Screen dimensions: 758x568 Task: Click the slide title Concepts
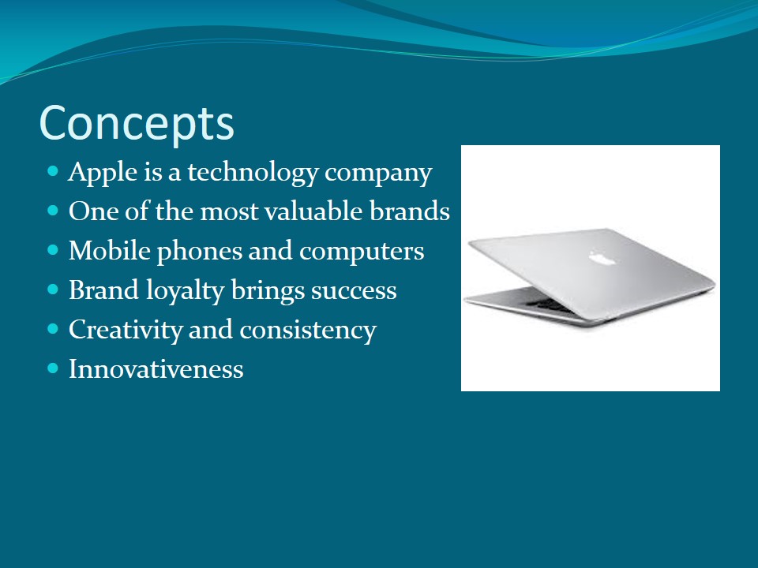coord(137,124)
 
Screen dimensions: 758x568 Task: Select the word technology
coord(253,173)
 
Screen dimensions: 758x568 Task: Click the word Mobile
coord(109,251)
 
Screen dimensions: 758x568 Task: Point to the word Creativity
coord(126,331)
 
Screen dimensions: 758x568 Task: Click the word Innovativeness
coord(156,369)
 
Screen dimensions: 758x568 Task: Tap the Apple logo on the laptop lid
coord(602,257)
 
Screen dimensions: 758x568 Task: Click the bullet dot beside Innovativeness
coord(53,368)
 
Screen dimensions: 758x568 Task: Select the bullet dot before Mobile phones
coord(53,250)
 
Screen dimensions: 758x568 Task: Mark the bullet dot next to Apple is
coord(53,171)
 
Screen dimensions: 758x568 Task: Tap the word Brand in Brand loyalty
coord(104,290)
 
